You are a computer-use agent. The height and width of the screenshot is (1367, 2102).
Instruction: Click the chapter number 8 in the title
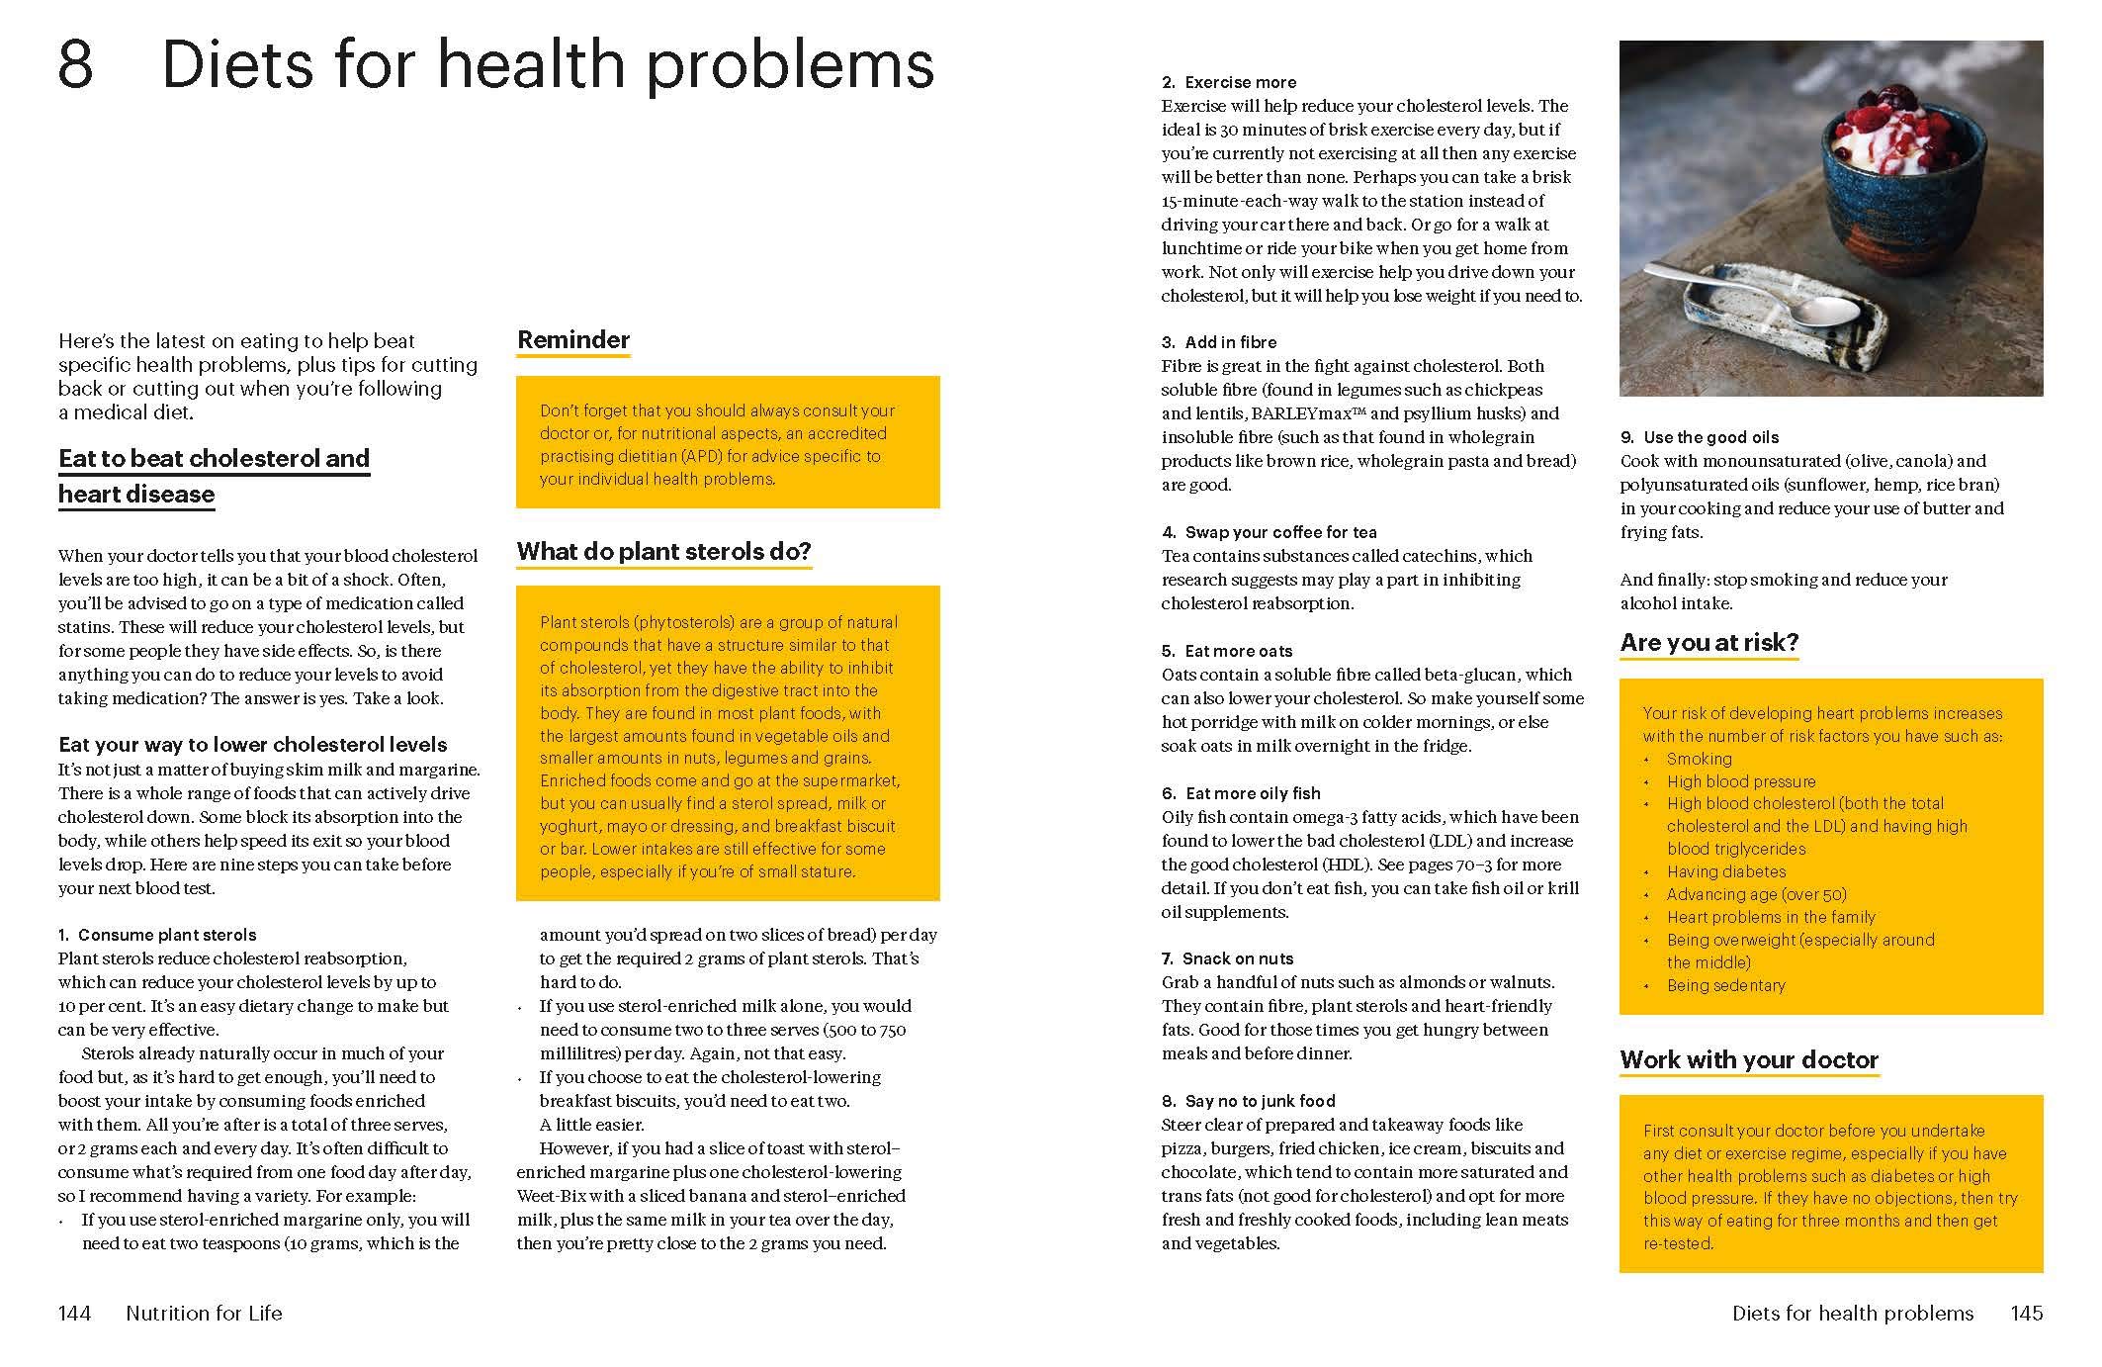(76, 65)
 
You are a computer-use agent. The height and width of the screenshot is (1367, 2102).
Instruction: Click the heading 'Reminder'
(573, 340)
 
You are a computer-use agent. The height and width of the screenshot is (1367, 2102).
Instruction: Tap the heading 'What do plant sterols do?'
(663, 552)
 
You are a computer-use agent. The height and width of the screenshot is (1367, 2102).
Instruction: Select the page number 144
(75, 1314)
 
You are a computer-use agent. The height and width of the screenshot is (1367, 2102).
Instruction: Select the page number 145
(2026, 1314)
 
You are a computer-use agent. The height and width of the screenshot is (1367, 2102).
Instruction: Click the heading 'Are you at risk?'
(1708, 643)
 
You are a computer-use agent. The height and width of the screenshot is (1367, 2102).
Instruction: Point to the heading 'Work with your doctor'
(1749, 1060)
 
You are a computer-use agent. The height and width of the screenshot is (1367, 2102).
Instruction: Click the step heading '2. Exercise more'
(1229, 83)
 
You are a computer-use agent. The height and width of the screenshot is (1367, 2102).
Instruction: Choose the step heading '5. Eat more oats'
(1227, 651)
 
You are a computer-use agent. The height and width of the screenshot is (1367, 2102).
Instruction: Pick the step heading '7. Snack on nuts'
(1227, 958)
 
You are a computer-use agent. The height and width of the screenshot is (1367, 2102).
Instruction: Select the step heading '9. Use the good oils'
(1700, 437)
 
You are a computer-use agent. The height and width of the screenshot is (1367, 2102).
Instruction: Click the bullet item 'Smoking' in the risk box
(1699, 759)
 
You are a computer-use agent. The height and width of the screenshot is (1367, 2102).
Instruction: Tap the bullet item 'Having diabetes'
(1726, 871)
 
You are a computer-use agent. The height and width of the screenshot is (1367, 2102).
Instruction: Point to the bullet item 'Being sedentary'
(1726, 985)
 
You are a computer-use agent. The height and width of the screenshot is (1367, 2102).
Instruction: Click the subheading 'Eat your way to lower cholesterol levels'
(253, 745)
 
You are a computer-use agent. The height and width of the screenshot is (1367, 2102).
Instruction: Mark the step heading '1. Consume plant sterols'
(157, 935)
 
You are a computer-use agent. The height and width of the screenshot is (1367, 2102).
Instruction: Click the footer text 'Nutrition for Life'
(204, 1314)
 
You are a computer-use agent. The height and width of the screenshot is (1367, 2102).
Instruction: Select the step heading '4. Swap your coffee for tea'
(1269, 532)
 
